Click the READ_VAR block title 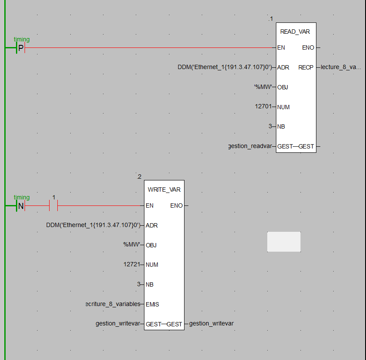295,32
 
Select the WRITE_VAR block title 164,189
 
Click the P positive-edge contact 21,47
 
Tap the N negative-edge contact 21,206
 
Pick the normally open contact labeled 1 53,206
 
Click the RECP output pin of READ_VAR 306,68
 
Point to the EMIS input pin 152,304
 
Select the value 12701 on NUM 263,106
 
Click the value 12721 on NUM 131,264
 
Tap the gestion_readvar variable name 250,146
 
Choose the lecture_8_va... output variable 341,67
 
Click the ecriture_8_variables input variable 113,304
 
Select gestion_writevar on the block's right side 211,324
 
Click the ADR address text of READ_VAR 225,67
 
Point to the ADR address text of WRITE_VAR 94,225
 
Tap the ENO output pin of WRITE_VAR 176,206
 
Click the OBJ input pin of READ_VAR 282,88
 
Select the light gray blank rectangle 284,242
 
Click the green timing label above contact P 22,40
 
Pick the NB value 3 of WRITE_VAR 139,284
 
